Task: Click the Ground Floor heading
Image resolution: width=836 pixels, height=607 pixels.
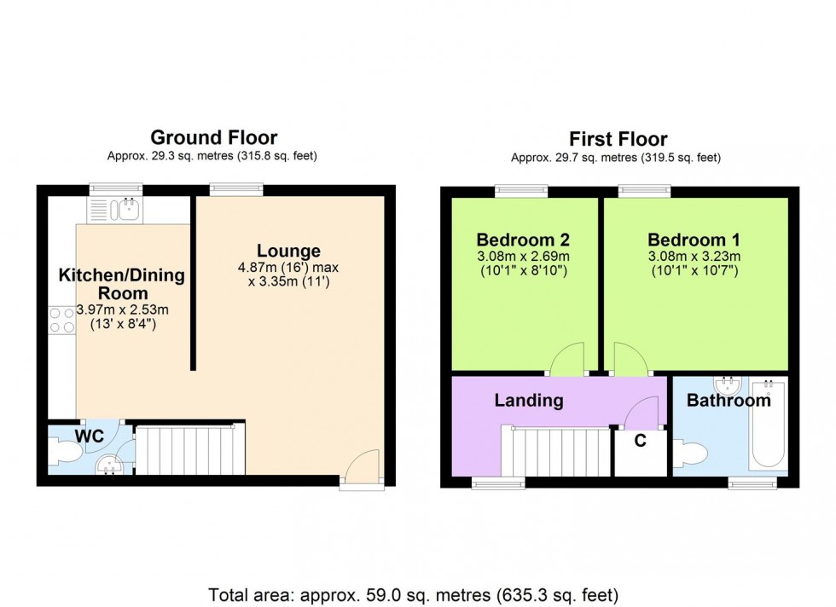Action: pos(213,137)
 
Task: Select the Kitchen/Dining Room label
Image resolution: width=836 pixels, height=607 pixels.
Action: pos(121,283)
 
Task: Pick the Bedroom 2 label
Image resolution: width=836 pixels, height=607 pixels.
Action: pos(523,240)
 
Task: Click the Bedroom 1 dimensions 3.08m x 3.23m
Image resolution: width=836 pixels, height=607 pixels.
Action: pos(693,256)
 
